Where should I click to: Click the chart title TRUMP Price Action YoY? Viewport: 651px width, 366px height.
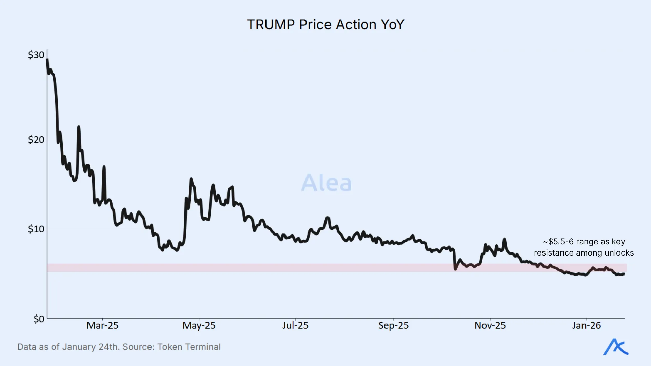coord(325,25)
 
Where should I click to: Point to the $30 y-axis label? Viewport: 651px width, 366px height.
coord(36,55)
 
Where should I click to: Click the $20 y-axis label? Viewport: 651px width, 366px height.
coord(36,140)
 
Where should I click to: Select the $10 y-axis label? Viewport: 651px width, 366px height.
coord(36,229)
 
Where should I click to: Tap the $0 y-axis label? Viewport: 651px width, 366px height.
coord(39,319)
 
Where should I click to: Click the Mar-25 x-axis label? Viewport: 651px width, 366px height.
coord(102,326)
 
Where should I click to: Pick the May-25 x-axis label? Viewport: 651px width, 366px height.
coord(199,326)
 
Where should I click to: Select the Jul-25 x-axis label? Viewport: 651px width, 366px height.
coord(295,326)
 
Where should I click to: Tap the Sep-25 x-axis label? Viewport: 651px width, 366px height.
coord(393,326)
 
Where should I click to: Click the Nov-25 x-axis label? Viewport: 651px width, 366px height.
coord(490,326)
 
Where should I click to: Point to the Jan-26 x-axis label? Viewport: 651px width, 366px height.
coord(586,326)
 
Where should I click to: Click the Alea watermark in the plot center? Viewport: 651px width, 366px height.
coord(326,183)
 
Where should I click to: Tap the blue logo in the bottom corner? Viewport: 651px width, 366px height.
coord(615,347)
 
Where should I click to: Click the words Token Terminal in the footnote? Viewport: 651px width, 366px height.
coord(189,347)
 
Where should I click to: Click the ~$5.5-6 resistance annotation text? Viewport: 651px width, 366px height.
coord(584,247)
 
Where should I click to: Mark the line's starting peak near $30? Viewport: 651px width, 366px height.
coord(47,60)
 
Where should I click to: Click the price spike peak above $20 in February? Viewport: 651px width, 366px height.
coord(79,127)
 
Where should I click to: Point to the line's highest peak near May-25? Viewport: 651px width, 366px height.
coord(191,179)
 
